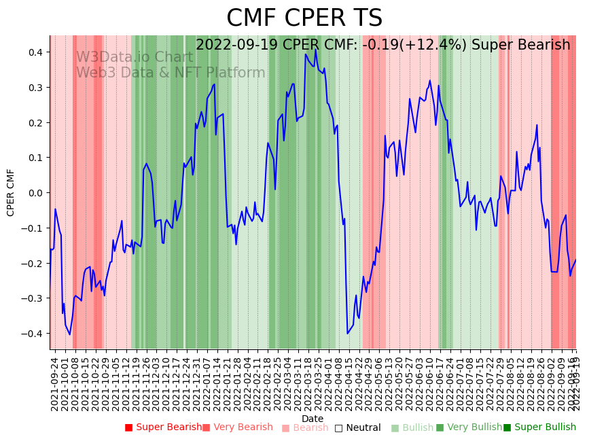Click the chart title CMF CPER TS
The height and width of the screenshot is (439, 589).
[x=304, y=18]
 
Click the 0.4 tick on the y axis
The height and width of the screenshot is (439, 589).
[x=35, y=52]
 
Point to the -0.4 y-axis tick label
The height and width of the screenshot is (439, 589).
[x=33, y=334]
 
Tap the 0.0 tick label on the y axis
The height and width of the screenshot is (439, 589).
[x=35, y=193]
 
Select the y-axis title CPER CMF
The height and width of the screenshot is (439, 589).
[x=11, y=192]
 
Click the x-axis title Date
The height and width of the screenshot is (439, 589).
[x=313, y=419]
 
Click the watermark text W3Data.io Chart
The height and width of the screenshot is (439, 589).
[x=135, y=57]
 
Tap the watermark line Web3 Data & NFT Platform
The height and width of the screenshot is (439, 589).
[x=171, y=73]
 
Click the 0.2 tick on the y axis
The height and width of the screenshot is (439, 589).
[x=35, y=122]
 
